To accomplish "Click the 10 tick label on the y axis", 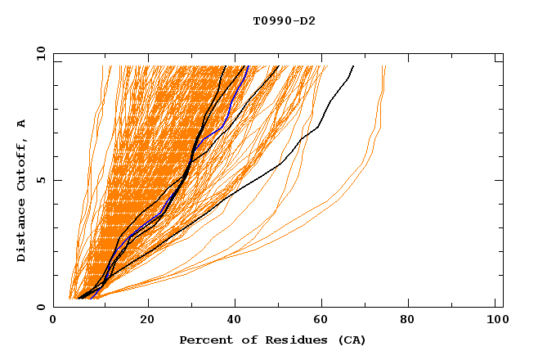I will (x=38, y=53).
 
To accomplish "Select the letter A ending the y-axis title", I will (x=21, y=124).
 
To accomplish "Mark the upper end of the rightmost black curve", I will (x=353, y=66).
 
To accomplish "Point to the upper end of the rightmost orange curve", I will (x=385, y=66).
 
